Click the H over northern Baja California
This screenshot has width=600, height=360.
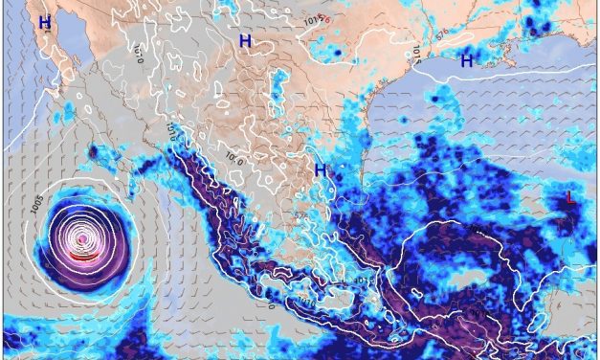click(x=44, y=19)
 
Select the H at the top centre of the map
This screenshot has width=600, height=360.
click(x=246, y=41)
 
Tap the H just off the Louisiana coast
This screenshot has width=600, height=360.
click(x=467, y=60)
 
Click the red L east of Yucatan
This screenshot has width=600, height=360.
click(x=571, y=198)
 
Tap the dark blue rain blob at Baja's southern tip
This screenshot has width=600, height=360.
click(x=93, y=151)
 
